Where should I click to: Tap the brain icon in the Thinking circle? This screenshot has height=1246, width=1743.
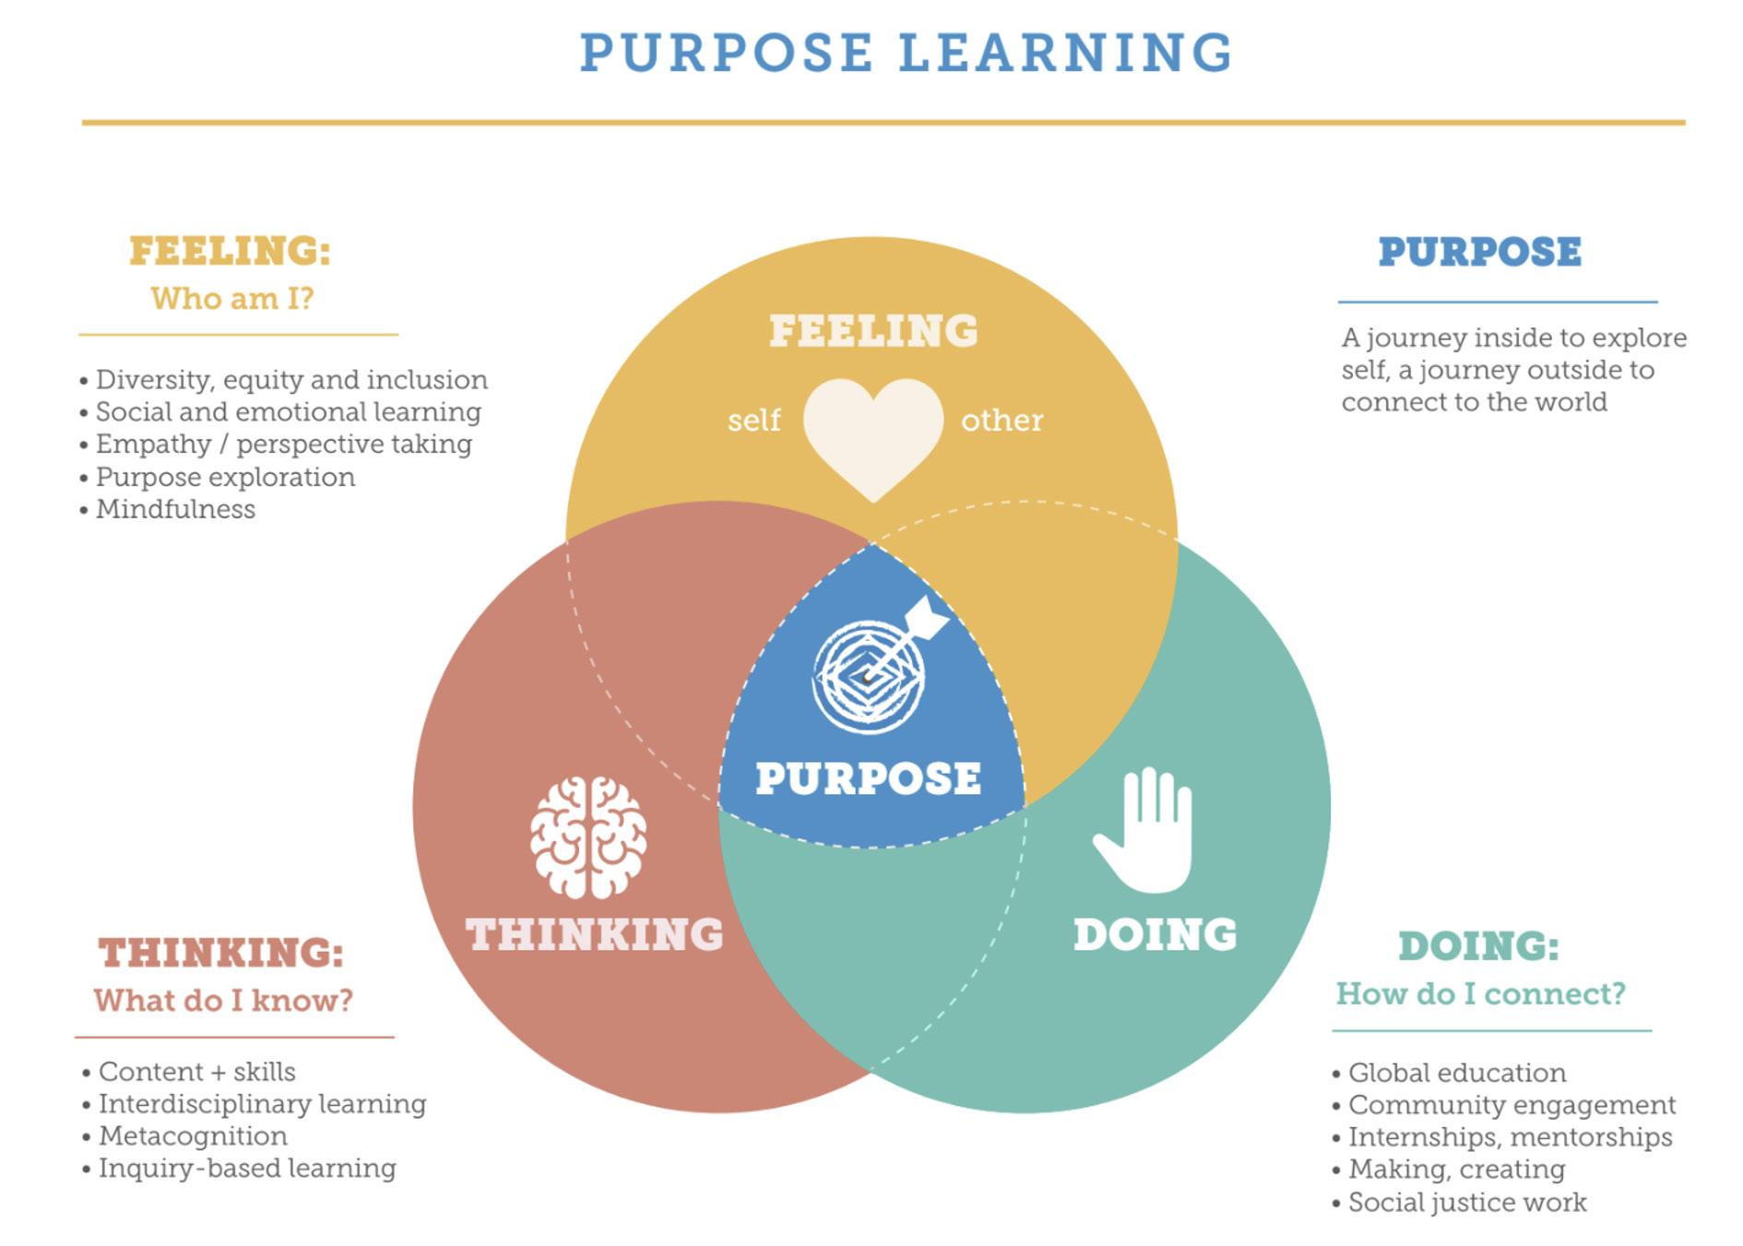click(x=588, y=837)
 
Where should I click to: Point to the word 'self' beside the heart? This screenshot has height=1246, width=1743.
click(x=753, y=421)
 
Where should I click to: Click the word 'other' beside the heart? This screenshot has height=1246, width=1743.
click(x=1002, y=421)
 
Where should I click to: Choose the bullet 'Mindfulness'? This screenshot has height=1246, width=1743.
click(x=175, y=509)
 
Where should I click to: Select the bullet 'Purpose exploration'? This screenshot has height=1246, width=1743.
click(x=225, y=477)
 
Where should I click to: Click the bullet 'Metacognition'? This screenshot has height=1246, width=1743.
click(x=193, y=1135)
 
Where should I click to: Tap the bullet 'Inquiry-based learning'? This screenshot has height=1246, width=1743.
click(x=247, y=1168)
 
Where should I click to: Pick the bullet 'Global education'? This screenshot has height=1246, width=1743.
click(x=1456, y=1073)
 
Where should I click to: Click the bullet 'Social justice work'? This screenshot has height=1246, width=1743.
click(x=1466, y=1202)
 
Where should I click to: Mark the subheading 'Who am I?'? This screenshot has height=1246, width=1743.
click(x=232, y=298)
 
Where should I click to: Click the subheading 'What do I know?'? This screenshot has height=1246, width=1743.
click(x=223, y=1000)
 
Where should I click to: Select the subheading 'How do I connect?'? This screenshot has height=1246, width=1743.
click(x=1480, y=993)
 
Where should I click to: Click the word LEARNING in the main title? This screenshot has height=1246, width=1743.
click(x=1065, y=53)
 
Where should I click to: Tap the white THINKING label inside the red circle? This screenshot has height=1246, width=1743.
click(x=595, y=934)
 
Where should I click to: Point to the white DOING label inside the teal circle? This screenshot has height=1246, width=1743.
click(x=1155, y=934)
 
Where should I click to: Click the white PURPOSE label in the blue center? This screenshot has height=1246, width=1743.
click(x=868, y=777)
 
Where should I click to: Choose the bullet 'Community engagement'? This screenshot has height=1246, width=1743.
click(x=1512, y=1105)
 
